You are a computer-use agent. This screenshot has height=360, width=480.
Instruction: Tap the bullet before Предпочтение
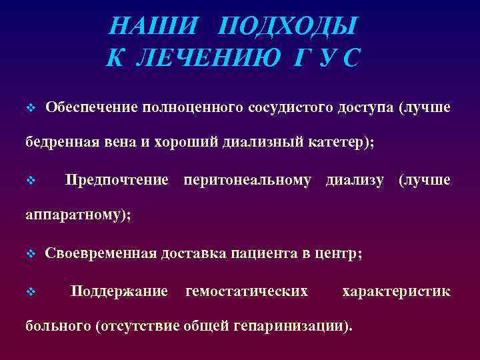click(29, 181)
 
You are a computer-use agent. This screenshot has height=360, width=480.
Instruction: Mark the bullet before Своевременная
click(29, 254)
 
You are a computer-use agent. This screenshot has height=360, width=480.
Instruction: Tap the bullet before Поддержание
click(29, 292)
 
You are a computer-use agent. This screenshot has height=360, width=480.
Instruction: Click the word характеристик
click(396, 291)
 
